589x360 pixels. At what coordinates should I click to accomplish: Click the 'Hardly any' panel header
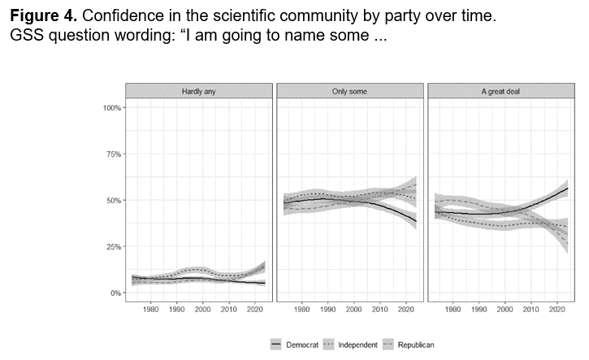pos(197,91)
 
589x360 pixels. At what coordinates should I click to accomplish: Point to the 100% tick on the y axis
pos(111,108)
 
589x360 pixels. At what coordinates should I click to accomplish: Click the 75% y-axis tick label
pos(113,154)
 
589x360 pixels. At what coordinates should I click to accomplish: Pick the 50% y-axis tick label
pos(113,201)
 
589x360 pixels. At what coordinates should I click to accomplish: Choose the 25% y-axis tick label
pos(113,247)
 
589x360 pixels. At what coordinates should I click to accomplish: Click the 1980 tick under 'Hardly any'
pos(150,310)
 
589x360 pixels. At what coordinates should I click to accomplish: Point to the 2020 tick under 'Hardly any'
pos(254,310)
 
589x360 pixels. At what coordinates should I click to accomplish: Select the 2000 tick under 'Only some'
pos(354,310)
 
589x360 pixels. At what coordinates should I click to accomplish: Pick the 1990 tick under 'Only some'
pos(328,310)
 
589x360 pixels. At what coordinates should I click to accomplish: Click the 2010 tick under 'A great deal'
pos(531,310)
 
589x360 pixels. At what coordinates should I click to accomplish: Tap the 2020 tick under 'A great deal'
pos(557,310)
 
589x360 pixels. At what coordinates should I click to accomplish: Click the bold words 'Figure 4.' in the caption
pos(40,16)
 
